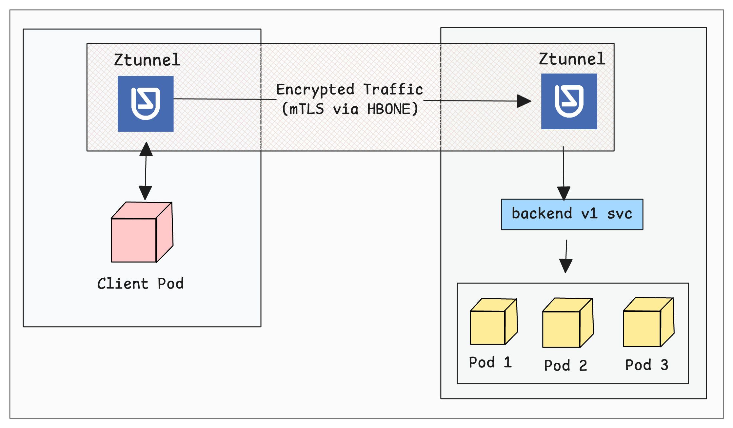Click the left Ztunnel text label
coord(147,60)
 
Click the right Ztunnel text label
coord(572,59)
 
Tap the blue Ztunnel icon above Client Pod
coord(146,104)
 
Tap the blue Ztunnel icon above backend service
coord(569,101)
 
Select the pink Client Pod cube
coord(141,233)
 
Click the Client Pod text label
coord(140,284)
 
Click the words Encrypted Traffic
coord(349,89)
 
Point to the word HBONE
coord(388,109)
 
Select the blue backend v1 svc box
coord(572,214)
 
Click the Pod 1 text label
coord(490,362)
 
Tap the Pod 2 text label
coord(565,365)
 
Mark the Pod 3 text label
coord(646,365)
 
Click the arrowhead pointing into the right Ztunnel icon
coord(524,101)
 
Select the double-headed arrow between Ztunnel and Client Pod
coord(146,171)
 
